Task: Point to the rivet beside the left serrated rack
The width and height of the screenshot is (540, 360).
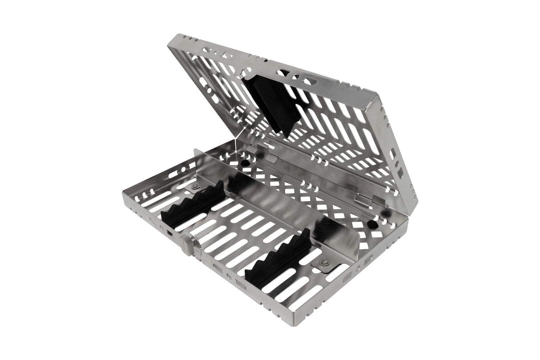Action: [x=195, y=186]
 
